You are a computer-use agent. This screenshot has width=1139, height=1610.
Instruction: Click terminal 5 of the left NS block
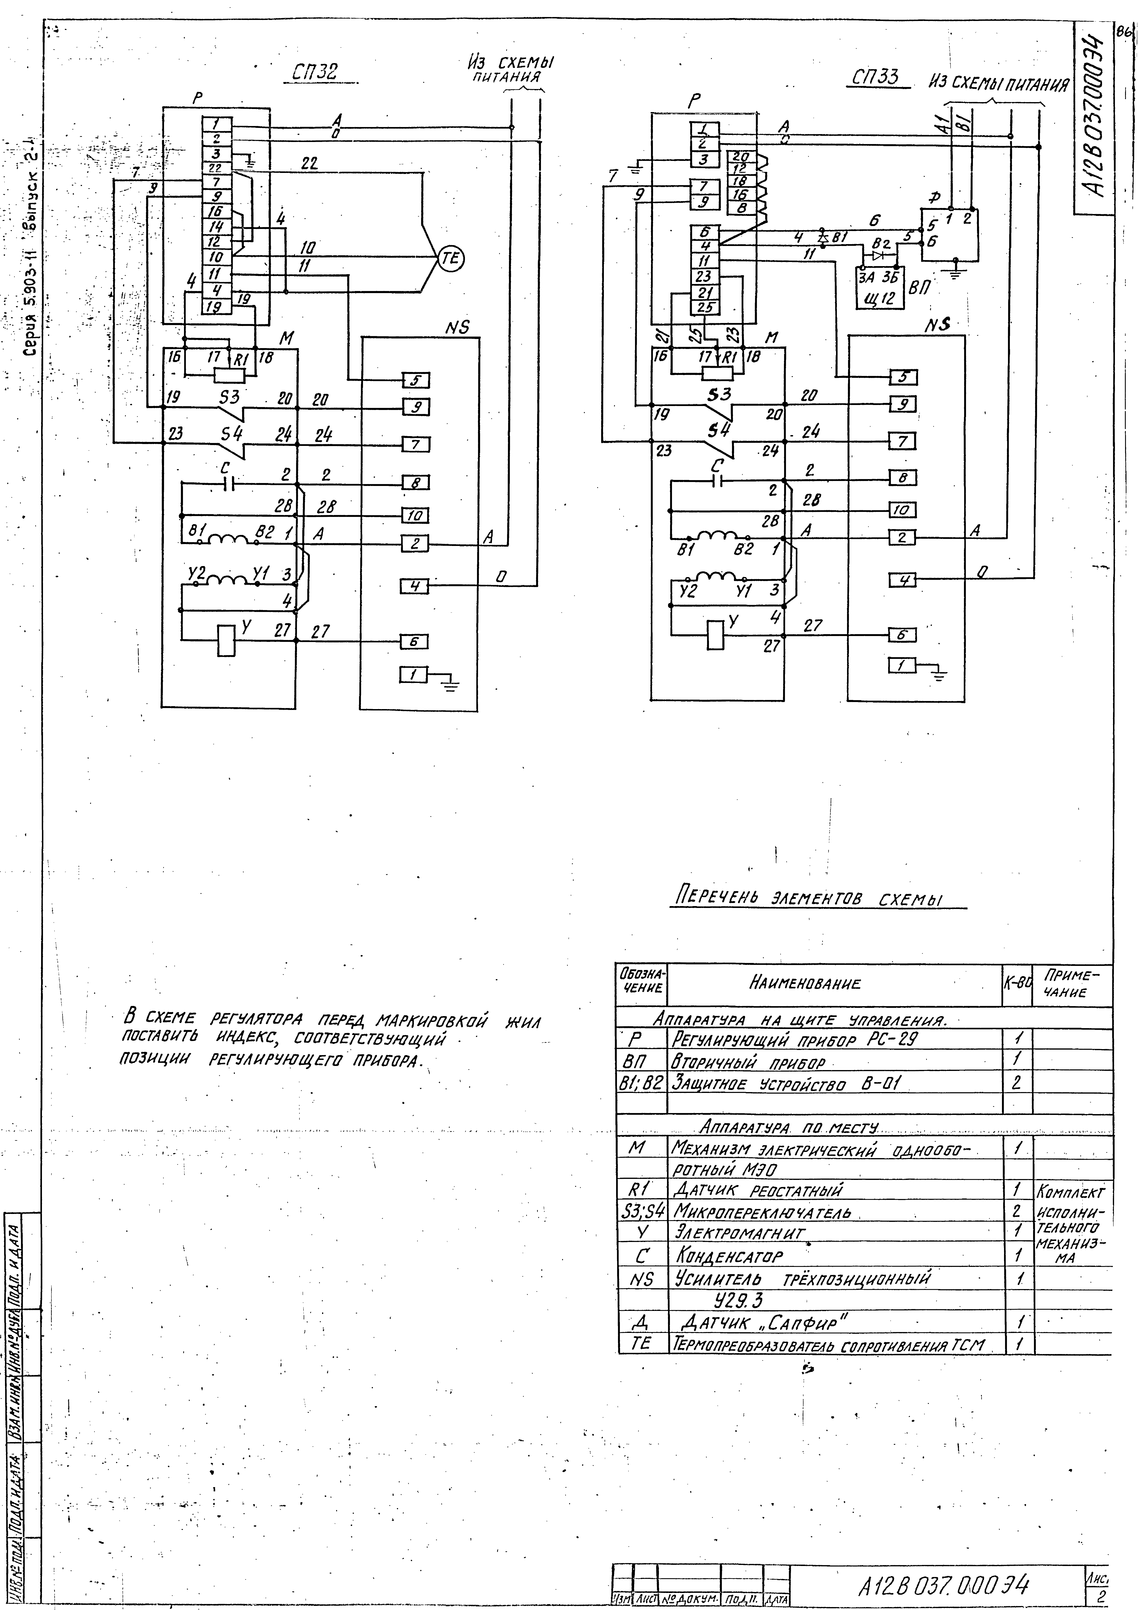click(x=415, y=380)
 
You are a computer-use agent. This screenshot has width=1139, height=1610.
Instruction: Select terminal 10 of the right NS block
click(x=903, y=509)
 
